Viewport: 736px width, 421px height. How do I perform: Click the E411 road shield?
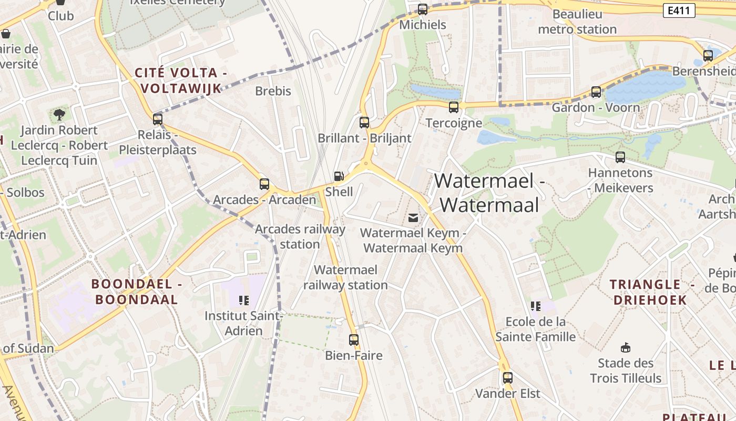click(679, 11)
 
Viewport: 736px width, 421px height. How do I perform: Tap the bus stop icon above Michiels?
click(423, 9)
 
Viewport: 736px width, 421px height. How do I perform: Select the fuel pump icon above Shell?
click(340, 176)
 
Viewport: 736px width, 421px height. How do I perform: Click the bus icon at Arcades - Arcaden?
click(264, 184)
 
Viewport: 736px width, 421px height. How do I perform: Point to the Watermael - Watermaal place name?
click(489, 193)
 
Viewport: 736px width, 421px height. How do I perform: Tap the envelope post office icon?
click(413, 217)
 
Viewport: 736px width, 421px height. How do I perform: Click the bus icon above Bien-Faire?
click(354, 340)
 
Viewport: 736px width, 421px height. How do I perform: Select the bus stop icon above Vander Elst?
click(507, 378)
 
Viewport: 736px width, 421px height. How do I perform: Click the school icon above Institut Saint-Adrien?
click(243, 300)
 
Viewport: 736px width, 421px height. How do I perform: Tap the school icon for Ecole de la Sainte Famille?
click(536, 306)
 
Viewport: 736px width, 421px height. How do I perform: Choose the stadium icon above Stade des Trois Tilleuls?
click(626, 347)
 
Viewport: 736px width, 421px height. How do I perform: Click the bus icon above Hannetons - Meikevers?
click(620, 157)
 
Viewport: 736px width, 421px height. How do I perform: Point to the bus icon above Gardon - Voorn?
click(596, 92)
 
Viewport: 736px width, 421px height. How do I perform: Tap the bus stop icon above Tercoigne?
click(454, 107)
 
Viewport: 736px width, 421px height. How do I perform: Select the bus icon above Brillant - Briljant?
click(364, 123)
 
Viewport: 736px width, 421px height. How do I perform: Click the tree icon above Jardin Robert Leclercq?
click(59, 114)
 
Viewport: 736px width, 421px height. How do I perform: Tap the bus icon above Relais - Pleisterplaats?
click(157, 119)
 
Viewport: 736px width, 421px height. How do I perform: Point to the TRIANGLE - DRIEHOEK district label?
click(649, 292)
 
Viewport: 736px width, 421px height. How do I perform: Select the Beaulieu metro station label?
click(577, 22)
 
